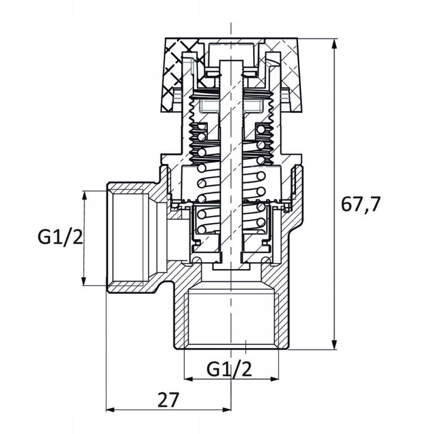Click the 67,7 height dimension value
point(360,203)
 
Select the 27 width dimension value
point(168,400)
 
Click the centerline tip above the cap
point(231,25)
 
